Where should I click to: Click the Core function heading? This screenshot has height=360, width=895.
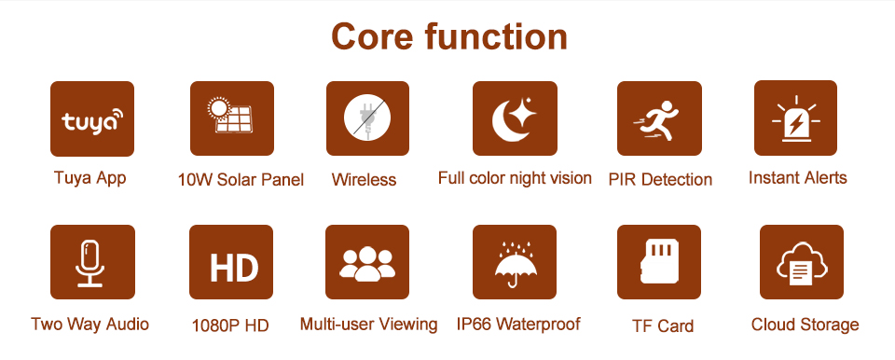[x=449, y=36]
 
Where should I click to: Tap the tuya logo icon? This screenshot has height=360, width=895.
[x=92, y=118]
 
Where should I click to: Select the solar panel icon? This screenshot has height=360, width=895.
[x=232, y=118]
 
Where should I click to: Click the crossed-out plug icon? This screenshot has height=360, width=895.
[x=367, y=118]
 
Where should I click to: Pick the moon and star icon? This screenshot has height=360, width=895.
[x=515, y=118]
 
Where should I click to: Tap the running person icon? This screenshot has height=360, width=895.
[x=659, y=118]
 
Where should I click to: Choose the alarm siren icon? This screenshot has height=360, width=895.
[x=795, y=118]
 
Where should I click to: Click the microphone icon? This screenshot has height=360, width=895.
[x=92, y=262]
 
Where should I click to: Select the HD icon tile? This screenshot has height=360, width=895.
[x=231, y=262]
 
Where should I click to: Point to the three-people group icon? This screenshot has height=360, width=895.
[x=367, y=262]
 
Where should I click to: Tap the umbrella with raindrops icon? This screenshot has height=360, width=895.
[x=515, y=262]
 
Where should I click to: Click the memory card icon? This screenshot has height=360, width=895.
[x=659, y=262]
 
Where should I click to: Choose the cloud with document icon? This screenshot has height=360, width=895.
[x=802, y=262]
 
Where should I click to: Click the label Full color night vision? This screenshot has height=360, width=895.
[x=515, y=178]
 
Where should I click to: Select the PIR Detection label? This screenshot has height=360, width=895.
[x=660, y=179]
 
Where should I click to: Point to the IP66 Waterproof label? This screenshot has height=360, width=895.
[x=518, y=324]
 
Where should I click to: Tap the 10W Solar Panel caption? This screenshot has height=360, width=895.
[x=241, y=180]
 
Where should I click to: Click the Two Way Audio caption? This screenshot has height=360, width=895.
[x=89, y=324]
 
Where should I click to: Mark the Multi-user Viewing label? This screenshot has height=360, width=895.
[x=369, y=324]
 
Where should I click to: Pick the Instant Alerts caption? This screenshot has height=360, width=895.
[x=797, y=178]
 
